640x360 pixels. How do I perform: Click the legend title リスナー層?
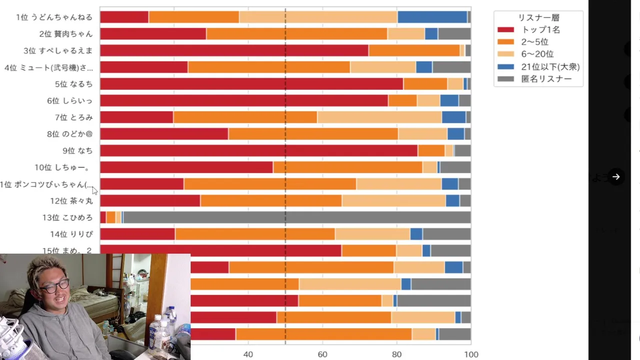pyautogui.click(x=538, y=17)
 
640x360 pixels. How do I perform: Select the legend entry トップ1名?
pyautogui.click(x=540, y=29)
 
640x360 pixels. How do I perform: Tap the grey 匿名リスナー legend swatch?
pyautogui.click(x=505, y=79)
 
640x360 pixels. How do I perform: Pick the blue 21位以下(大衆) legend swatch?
pyautogui.click(x=505, y=66)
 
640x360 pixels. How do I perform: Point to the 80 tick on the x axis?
pyautogui.click(x=396, y=354)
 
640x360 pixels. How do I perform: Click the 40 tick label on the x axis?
pyautogui.click(x=248, y=354)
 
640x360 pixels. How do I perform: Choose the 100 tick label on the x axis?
pyautogui.click(x=471, y=354)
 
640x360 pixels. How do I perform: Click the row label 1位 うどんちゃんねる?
pyautogui.click(x=54, y=17)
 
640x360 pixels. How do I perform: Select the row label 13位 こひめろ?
pyautogui.click(x=67, y=217)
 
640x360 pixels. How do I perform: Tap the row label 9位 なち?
pyautogui.click(x=77, y=150)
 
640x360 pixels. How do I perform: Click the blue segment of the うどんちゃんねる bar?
pyautogui.click(x=432, y=17)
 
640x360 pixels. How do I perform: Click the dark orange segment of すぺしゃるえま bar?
pyautogui.click(x=414, y=50)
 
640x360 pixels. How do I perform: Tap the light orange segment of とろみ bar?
pyautogui.click(x=379, y=117)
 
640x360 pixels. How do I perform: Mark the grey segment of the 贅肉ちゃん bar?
pyautogui.click(x=454, y=34)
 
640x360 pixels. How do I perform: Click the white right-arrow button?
pyautogui.click(x=616, y=176)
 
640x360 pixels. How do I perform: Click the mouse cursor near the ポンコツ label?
pyautogui.click(x=94, y=190)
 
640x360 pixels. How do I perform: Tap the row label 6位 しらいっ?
pyautogui.click(x=69, y=100)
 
